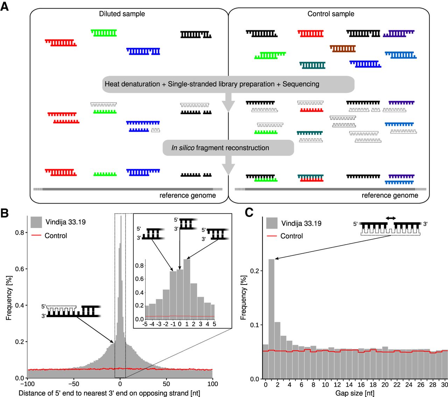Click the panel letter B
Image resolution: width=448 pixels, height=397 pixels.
[x=5, y=213]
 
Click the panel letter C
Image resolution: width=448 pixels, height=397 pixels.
[x=249, y=212]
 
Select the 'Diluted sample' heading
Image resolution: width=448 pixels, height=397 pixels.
[x=122, y=14]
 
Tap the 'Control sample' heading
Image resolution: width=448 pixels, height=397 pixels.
[x=331, y=14]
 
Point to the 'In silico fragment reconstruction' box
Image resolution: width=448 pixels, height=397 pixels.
[x=228, y=148]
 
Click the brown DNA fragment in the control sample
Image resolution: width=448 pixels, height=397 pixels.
[x=343, y=49]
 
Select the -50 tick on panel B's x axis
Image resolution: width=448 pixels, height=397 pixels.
[x=74, y=384]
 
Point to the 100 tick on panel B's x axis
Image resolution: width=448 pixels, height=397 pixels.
[x=212, y=384]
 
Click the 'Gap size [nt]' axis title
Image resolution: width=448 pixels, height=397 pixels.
[x=355, y=393]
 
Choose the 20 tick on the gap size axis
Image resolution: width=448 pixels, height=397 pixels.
[x=385, y=384]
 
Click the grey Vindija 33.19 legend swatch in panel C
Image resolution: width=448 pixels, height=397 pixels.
[x=272, y=223]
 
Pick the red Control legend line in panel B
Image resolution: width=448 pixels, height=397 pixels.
[x=36, y=235]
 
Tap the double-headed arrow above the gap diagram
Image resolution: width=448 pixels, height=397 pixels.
[x=391, y=218]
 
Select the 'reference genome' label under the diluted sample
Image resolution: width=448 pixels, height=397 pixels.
[x=188, y=196]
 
